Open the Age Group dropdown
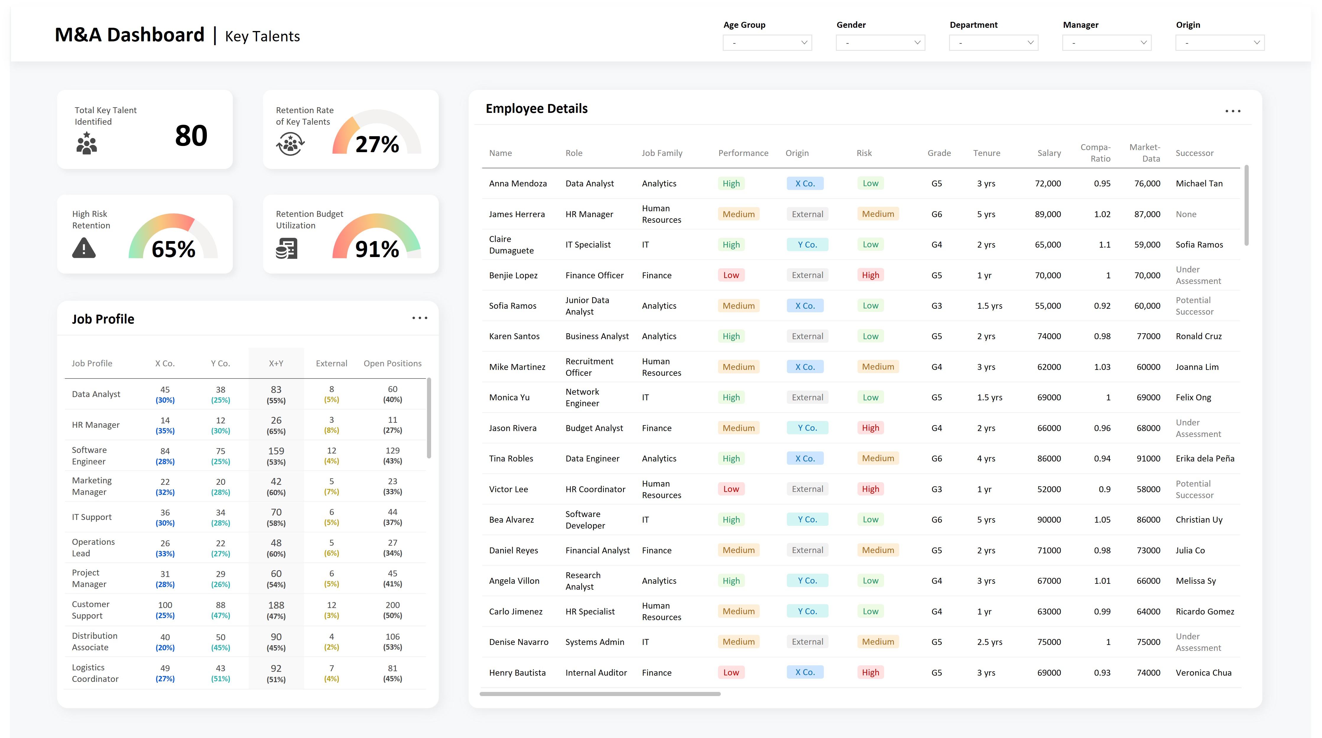click(x=767, y=43)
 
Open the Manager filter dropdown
click(x=1107, y=43)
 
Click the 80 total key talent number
click(x=191, y=136)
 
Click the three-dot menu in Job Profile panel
click(x=419, y=318)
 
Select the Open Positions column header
click(x=392, y=363)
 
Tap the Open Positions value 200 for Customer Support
click(x=392, y=605)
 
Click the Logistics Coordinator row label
click(x=95, y=673)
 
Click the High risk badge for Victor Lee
click(x=870, y=489)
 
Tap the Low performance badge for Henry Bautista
click(x=731, y=672)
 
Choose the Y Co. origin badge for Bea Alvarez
click(x=807, y=519)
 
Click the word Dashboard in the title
click(x=155, y=35)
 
